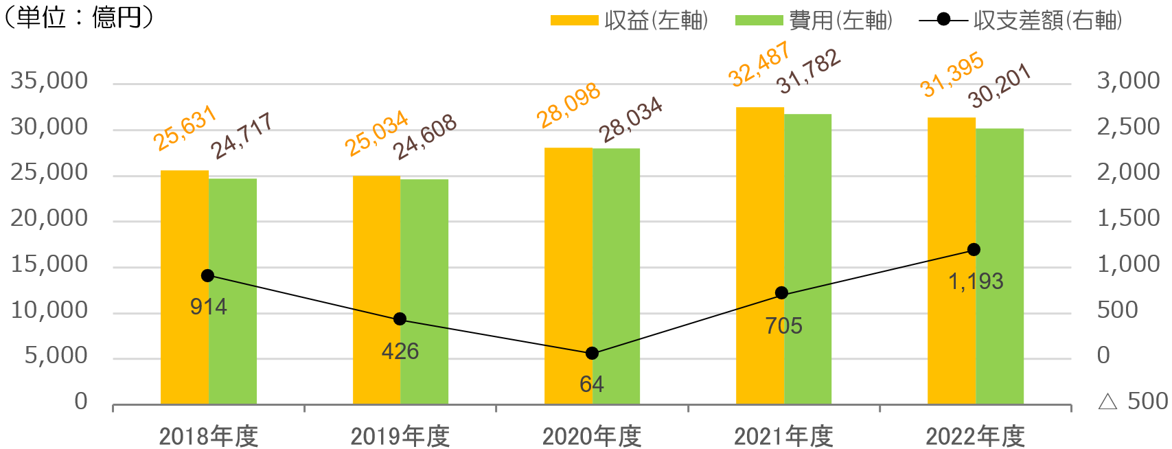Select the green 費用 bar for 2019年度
point(424,292)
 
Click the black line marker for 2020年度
point(592,354)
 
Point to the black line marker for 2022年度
point(974,250)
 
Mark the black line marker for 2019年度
point(400,319)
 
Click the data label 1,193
point(975,281)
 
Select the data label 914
point(208,307)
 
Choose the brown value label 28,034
point(631,120)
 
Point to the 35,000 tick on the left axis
point(49,81)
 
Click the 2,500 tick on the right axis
point(1128,127)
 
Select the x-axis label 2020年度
point(592,436)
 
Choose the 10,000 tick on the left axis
point(49,310)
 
